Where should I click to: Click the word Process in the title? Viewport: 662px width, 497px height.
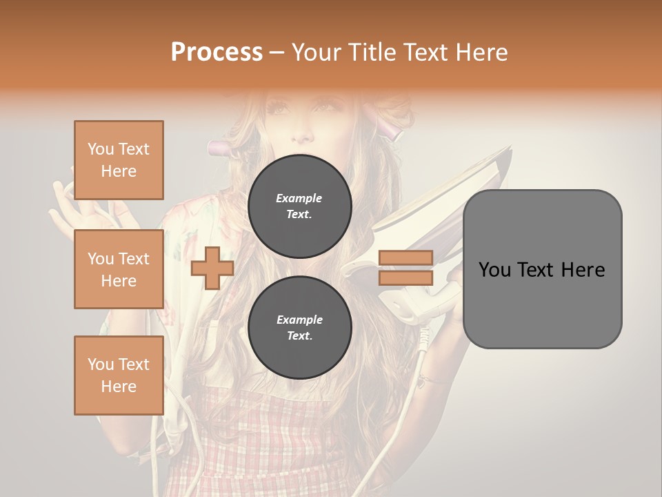pos(217,52)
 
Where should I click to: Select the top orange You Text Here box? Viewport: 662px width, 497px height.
pos(119,160)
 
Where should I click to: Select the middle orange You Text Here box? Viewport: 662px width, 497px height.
pos(119,269)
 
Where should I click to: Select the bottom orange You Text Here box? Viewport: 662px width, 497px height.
pos(119,376)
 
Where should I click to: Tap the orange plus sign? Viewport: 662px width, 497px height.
pos(212,269)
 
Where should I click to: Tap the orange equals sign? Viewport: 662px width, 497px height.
pos(406,268)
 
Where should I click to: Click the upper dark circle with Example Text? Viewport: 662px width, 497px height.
pos(299,206)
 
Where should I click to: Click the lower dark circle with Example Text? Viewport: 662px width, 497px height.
pos(299,327)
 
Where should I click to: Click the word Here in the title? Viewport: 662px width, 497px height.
pos(482,52)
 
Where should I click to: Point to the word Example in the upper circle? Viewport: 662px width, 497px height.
pos(299,198)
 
